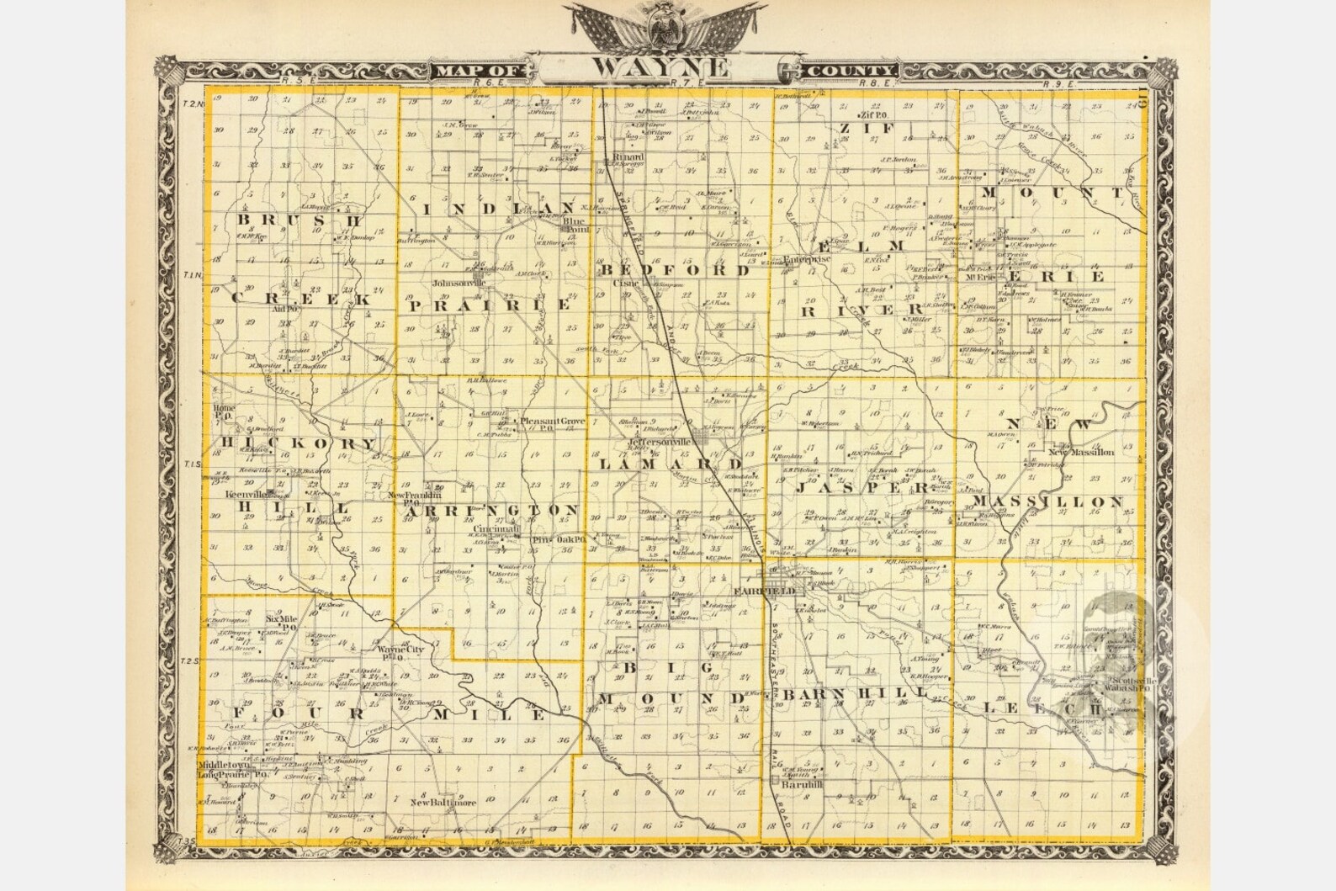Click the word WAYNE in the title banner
[x=659, y=67]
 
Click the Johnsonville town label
[x=459, y=284]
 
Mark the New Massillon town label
[x=1081, y=452]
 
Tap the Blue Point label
[x=576, y=225]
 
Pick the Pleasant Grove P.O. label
[x=553, y=423]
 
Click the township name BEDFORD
[x=675, y=270]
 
